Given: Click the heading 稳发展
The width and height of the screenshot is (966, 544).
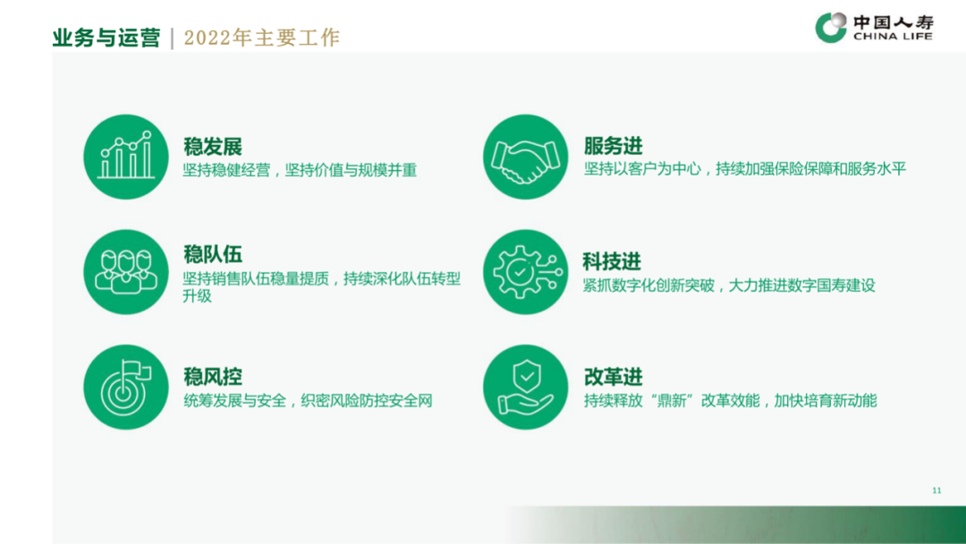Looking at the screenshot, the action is (213, 147).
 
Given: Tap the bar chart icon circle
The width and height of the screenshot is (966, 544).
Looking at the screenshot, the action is (126, 157).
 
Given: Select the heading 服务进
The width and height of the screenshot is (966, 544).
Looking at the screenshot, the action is (613, 146).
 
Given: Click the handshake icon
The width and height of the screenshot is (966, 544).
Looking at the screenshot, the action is (526, 157).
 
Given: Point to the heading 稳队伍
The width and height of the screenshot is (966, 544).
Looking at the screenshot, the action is (213, 254).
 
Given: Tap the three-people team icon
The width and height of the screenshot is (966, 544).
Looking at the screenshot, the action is (126, 272).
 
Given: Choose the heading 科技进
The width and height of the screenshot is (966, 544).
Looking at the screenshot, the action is (612, 261).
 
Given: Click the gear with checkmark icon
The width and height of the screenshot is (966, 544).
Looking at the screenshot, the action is (526, 272).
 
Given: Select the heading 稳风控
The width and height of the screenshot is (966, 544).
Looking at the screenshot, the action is (213, 377).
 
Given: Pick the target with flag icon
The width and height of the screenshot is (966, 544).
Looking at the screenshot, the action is (126, 387).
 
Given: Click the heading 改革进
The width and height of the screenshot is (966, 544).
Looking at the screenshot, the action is (613, 377).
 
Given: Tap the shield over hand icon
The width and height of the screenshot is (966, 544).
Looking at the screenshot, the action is (526, 387).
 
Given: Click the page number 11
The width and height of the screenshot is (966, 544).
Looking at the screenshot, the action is (936, 490).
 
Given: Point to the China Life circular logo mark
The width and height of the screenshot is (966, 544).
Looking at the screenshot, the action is (831, 27).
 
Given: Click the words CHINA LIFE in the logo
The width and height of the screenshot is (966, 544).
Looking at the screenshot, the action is (893, 37).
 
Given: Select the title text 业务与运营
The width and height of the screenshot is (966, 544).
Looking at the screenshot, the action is (106, 38).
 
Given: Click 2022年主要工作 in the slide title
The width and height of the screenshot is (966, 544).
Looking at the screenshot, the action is (262, 38).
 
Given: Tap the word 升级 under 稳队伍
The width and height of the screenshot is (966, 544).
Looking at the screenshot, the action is (197, 296).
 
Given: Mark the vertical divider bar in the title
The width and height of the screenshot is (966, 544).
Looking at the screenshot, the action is (172, 38).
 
